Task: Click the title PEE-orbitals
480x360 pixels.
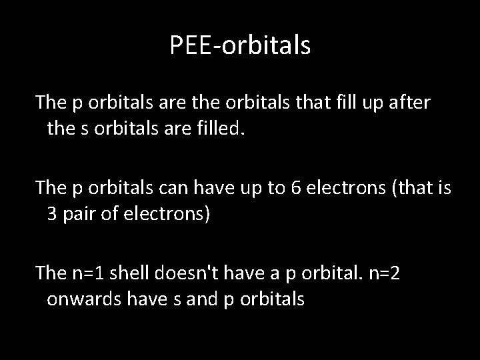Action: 240,45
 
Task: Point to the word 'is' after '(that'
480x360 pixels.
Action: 443,190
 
